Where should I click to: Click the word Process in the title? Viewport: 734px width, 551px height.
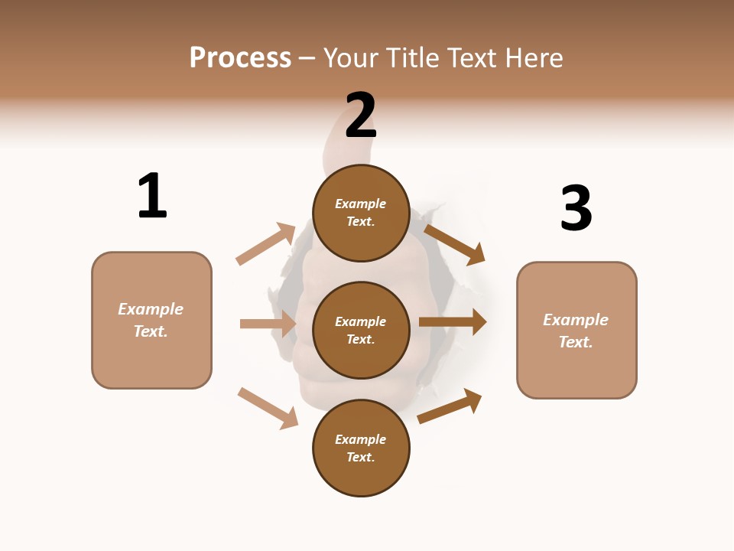pyautogui.click(x=240, y=58)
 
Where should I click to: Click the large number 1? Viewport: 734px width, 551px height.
pyautogui.click(x=152, y=196)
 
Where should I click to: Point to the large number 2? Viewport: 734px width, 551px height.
pyautogui.click(x=361, y=116)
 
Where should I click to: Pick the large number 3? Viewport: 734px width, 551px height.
pyautogui.click(x=576, y=208)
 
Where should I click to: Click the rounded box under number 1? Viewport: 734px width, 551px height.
pyautogui.click(x=151, y=320)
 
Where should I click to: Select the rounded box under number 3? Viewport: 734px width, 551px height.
pyautogui.click(x=576, y=331)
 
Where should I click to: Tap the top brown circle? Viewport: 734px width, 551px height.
pyautogui.click(x=361, y=212)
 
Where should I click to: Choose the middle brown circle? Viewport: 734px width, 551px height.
pyautogui.click(x=361, y=330)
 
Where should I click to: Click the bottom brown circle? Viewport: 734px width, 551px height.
pyautogui.click(x=361, y=448)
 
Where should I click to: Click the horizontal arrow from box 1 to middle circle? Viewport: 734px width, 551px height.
pyautogui.click(x=268, y=324)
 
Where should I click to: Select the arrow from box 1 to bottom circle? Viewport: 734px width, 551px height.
pyautogui.click(x=268, y=408)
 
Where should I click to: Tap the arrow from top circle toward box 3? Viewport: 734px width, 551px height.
pyautogui.click(x=454, y=244)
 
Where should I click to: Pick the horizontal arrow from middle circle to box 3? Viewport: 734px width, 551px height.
pyautogui.click(x=453, y=322)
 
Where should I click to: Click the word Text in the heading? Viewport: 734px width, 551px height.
pyautogui.click(x=473, y=58)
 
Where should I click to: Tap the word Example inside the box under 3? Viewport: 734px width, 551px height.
pyautogui.click(x=576, y=320)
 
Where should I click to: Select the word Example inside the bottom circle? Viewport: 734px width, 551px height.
pyautogui.click(x=361, y=439)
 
